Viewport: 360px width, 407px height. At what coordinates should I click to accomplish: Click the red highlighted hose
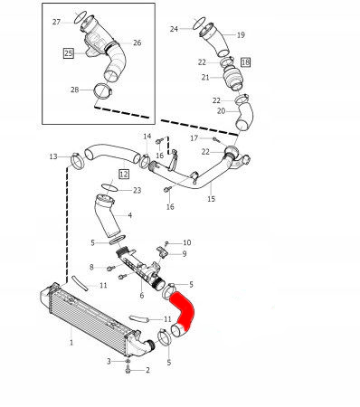pyautogui.click(x=185, y=310)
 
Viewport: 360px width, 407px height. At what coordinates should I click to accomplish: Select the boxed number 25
pyautogui.click(x=69, y=53)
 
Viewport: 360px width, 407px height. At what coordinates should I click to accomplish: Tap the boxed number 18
pyautogui.click(x=245, y=62)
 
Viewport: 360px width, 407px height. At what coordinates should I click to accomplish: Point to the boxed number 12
pyautogui.click(x=124, y=174)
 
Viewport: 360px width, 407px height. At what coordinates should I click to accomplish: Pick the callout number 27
pyautogui.click(x=56, y=22)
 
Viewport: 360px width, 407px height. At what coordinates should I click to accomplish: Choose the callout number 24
pyautogui.click(x=174, y=29)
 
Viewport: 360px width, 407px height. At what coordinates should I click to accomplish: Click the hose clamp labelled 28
pyautogui.click(x=102, y=91)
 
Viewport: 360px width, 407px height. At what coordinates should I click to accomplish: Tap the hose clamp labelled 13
pyautogui.click(x=77, y=161)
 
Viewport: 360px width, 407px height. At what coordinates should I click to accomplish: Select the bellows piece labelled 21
pyautogui.click(x=233, y=78)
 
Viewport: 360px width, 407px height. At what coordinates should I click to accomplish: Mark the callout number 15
pyautogui.click(x=212, y=199)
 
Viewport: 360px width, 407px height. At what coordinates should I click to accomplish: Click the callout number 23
pyautogui.click(x=137, y=190)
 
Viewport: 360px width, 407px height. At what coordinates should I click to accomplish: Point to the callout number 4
pyautogui.click(x=129, y=215)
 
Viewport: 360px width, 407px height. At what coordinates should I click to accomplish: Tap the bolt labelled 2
pyautogui.click(x=128, y=369)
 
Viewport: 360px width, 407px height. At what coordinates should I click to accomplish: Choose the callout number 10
pyautogui.click(x=187, y=242)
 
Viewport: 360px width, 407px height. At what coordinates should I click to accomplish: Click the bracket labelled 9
pyautogui.click(x=161, y=252)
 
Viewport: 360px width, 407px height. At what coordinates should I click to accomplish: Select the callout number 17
pyautogui.click(x=194, y=138)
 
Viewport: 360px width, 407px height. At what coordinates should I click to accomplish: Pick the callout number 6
pyautogui.click(x=142, y=296)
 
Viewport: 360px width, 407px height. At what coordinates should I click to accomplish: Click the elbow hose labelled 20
pyautogui.click(x=245, y=116)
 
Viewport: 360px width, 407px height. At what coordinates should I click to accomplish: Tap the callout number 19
pyautogui.click(x=241, y=35)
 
